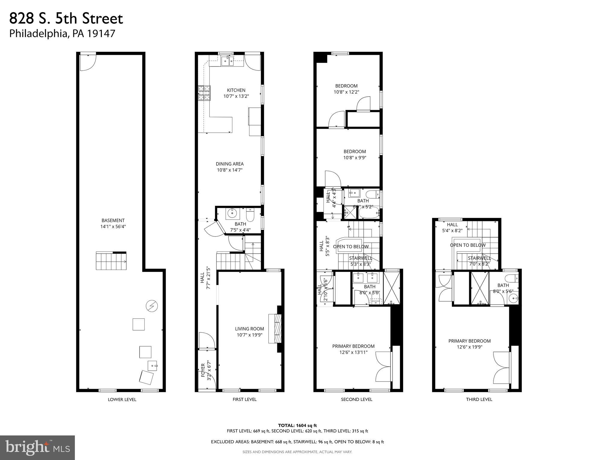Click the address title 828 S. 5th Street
pyautogui.click(x=66, y=19)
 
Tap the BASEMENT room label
pyautogui.click(x=113, y=220)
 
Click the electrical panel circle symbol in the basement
pyautogui.click(x=152, y=306)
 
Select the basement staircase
pyautogui.click(x=111, y=261)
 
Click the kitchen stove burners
pyautogui.click(x=204, y=93)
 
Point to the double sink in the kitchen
pyautogui.click(x=228, y=61)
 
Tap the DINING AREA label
pyautogui.click(x=230, y=164)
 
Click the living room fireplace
pyautogui.click(x=275, y=328)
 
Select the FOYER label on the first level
pyautogui.click(x=203, y=370)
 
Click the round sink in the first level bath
pyautogui.click(x=232, y=214)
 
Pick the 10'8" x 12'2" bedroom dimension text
pyautogui.click(x=346, y=92)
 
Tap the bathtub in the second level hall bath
pyautogui.click(x=369, y=214)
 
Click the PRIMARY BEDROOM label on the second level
pyautogui.click(x=353, y=346)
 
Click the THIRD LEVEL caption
pyautogui.click(x=479, y=399)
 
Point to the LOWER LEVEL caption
pyautogui.click(x=122, y=400)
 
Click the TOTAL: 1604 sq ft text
pyautogui.click(x=297, y=425)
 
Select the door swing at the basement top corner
pyautogui.click(x=88, y=63)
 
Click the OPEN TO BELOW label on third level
pyautogui.click(x=468, y=245)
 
